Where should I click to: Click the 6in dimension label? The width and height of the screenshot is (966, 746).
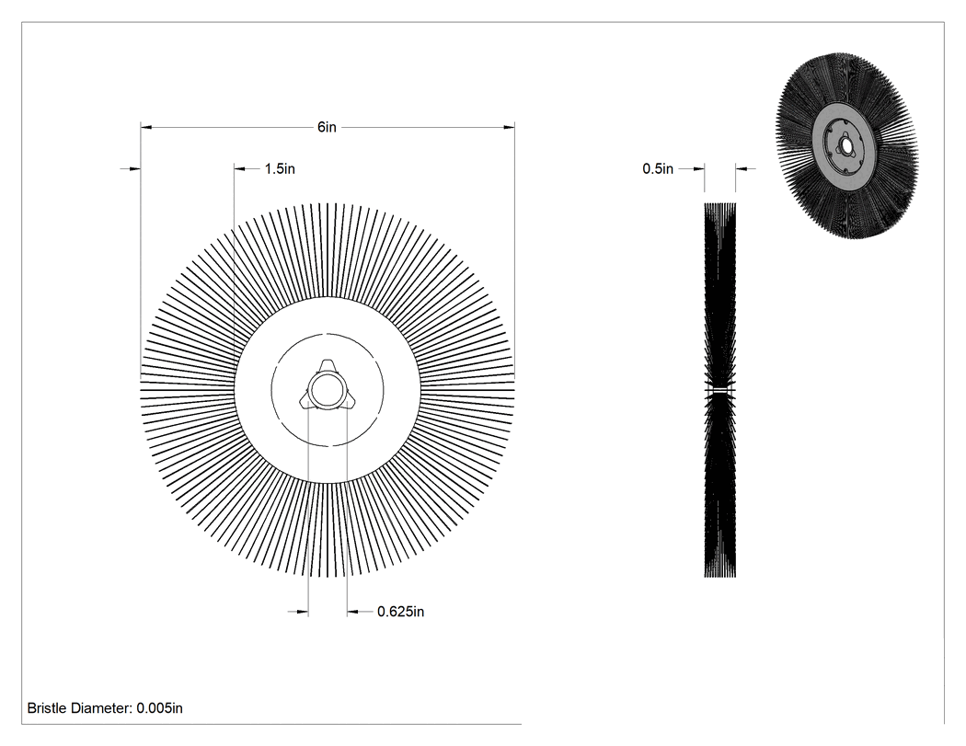[x=327, y=127]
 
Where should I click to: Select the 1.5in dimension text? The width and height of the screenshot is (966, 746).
[x=280, y=168]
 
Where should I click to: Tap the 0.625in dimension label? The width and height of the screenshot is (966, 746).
[x=400, y=612]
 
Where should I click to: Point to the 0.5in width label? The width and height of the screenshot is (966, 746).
[x=658, y=168]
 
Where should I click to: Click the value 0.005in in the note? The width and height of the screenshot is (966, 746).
[x=159, y=707]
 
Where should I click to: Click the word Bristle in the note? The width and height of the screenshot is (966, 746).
[x=46, y=707]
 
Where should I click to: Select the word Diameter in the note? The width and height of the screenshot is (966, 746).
[x=100, y=707]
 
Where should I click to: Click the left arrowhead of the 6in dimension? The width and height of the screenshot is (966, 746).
[x=146, y=128]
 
